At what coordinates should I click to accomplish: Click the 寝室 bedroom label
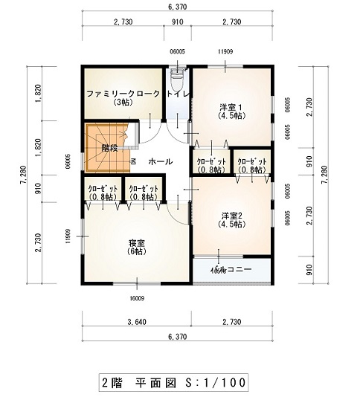[137, 243]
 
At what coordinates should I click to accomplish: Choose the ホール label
[161, 161]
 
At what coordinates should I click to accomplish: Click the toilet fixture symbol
[177, 77]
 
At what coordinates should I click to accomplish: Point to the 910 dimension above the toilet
[177, 22]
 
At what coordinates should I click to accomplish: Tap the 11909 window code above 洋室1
[225, 51]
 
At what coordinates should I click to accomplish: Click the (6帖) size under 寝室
[137, 252]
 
